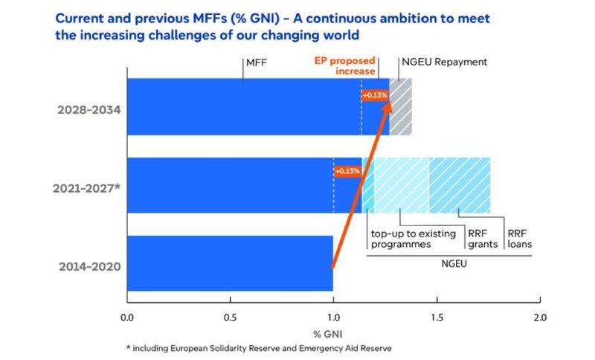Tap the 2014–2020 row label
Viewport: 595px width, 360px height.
coord(86,265)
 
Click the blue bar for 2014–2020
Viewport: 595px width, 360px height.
coord(230,263)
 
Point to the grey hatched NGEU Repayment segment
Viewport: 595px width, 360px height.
coord(401,106)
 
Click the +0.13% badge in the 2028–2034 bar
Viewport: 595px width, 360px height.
coord(375,95)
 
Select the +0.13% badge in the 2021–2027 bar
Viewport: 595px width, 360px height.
coord(347,171)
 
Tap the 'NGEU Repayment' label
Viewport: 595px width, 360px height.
coord(444,62)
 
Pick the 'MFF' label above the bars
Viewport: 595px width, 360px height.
coord(256,62)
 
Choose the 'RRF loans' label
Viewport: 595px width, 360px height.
coord(519,239)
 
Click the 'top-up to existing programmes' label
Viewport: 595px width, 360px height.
coord(413,239)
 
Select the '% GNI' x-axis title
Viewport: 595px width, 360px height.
coord(332,332)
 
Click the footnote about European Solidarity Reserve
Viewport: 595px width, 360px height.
coord(257,347)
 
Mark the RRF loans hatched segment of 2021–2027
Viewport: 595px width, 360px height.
coord(460,185)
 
